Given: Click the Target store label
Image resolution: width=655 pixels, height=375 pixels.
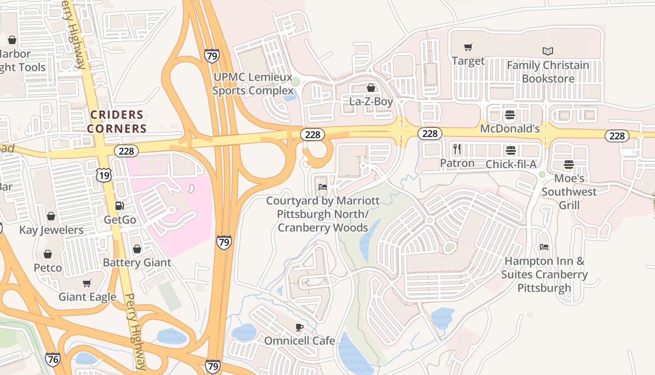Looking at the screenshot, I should click(468, 61).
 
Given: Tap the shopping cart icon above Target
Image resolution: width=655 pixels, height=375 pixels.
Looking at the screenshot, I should click(468, 47).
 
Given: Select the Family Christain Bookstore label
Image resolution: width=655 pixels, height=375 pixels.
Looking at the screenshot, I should click(548, 72).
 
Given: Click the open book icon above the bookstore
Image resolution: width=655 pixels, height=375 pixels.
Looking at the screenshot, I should click(548, 51).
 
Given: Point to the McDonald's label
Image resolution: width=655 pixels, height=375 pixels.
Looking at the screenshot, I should click(510, 128).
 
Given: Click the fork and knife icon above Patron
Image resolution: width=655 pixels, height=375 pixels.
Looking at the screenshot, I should click(457, 150).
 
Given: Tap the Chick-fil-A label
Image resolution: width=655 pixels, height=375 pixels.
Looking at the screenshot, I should click(511, 164).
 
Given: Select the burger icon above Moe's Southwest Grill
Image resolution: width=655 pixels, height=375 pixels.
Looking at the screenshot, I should click(569, 165).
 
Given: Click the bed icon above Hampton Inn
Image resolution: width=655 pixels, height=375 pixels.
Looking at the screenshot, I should click(544, 247).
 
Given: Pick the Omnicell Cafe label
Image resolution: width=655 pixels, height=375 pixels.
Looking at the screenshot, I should click(299, 341).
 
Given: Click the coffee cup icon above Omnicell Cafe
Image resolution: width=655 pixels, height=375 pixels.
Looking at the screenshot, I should click(299, 327).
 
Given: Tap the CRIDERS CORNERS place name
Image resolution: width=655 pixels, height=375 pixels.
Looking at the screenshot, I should click(116, 121).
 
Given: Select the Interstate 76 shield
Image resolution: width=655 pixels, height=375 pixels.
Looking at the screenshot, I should click(53, 360).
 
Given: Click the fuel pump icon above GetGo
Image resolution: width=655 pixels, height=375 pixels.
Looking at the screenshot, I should click(120, 205).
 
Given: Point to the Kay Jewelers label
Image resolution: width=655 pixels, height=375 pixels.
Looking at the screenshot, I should click(51, 230).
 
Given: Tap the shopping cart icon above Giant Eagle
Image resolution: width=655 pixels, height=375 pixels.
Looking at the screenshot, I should click(87, 283).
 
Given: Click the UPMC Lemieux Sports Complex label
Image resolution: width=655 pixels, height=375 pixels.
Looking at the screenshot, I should click(252, 83).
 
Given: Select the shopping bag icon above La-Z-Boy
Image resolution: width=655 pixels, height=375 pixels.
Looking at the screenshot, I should click(371, 88).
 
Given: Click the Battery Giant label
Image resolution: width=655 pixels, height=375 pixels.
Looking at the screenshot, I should click(137, 262).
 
